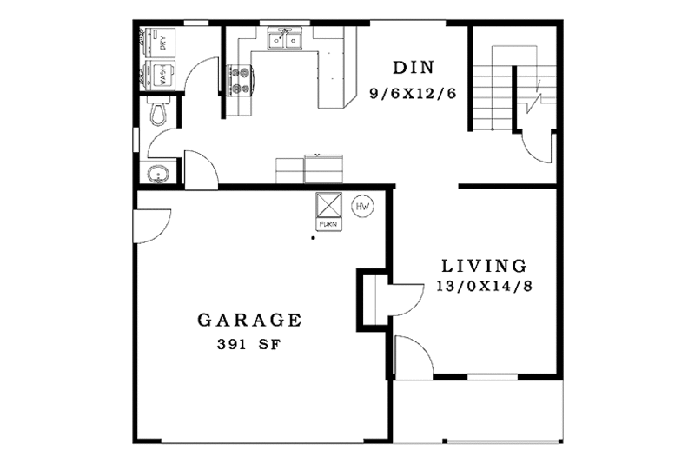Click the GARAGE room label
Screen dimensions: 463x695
point(249,320)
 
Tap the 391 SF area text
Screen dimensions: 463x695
point(249,344)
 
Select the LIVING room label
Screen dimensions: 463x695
point(483,266)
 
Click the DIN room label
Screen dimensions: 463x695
point(413,68)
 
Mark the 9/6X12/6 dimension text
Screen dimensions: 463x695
point(413,93)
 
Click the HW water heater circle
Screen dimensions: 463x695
point(361,208)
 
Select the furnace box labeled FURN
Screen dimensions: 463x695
point(328,208)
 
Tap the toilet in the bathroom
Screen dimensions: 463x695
point(158,111)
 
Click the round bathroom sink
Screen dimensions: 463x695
point(156,172)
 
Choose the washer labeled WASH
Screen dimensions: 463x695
point(162,74)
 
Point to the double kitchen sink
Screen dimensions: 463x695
point(284,38)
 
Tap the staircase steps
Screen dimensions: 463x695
point(493,87)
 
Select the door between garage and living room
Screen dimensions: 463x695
point(394,298)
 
